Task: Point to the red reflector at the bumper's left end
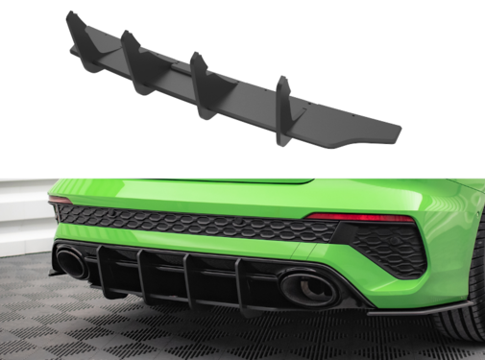point(61,200)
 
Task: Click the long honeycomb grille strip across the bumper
point(192,224)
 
